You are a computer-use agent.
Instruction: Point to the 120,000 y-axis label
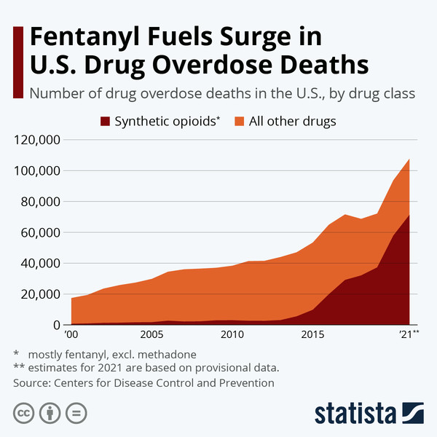[x=36, y=140]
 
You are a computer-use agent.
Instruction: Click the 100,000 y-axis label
[x=36, y=171]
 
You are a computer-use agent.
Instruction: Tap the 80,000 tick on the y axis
[x=39, y=202]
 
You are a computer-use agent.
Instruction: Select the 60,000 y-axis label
[x=39, y=233]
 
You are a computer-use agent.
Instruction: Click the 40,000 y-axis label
[x=39, y=264]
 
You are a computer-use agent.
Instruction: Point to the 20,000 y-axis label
[x=39, y=294]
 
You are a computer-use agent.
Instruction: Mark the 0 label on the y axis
[x=55, y=325]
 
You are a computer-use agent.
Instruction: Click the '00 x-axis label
[x=71, y=334]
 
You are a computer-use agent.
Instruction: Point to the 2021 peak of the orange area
[x=409, y=160]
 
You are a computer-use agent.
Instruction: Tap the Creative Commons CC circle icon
[x=25, y=413]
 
